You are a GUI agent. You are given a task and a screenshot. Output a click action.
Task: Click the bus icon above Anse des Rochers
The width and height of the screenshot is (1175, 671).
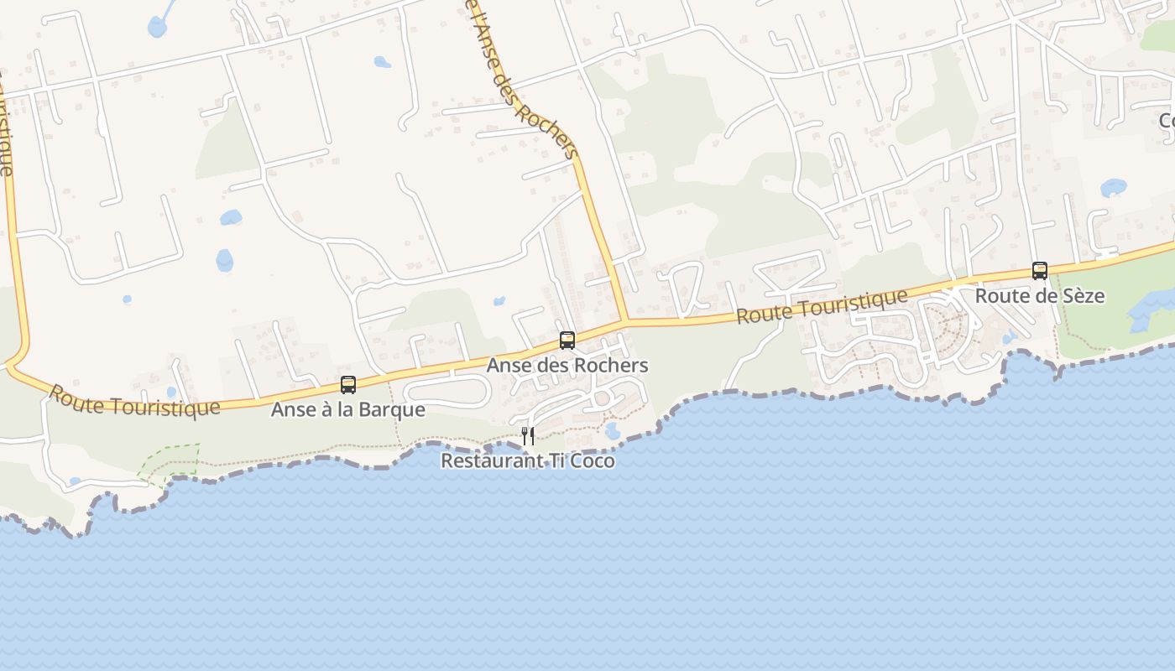(x=567, y=340)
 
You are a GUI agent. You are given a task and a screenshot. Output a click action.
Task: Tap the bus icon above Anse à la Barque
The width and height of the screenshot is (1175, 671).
(x=348, y=385)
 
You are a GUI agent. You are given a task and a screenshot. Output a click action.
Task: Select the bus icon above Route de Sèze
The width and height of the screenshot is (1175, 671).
(x=1040, y=270)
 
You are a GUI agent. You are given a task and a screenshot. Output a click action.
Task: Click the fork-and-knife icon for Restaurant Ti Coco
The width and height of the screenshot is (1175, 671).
(x=528, y=435)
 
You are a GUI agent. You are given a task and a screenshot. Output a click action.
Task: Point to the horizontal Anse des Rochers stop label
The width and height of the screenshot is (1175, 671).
(x=567, y=366)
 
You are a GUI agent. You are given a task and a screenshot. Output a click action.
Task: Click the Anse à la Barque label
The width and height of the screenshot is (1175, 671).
(x=347, y=410)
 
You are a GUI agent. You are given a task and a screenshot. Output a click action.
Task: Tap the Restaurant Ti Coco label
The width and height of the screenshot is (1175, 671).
(x=527, y=461)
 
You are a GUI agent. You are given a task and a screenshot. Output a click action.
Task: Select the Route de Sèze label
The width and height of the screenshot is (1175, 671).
(x=1039, y=296)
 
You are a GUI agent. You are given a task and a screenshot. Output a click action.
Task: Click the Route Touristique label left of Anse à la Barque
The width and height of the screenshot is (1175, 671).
(x=134, y=401)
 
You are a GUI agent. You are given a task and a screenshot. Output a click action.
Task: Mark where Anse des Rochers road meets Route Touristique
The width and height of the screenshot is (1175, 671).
(x=626, y=320)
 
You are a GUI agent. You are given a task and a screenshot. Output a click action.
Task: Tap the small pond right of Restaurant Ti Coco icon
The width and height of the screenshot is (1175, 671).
(x=612, y=431)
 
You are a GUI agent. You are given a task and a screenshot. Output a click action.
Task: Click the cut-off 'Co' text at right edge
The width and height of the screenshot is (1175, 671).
(x=1167, y=122)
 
